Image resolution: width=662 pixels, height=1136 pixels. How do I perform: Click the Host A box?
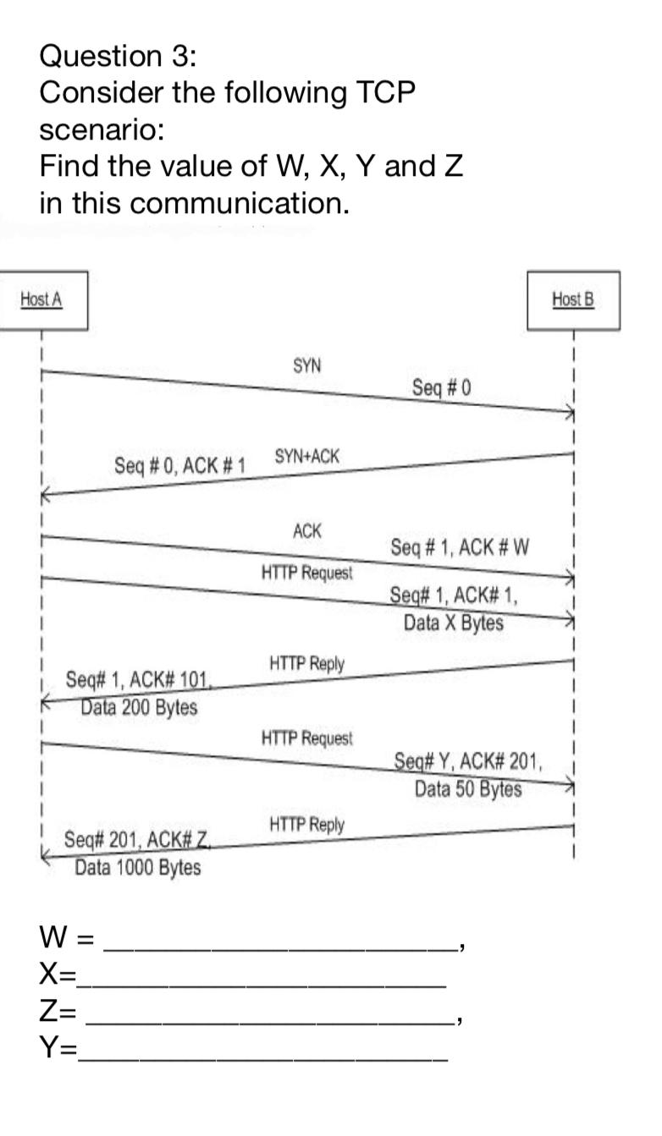(42, 299)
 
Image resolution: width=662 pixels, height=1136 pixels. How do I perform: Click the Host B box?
(573, 299)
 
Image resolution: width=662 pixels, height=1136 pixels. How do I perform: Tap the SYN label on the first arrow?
(306, 365)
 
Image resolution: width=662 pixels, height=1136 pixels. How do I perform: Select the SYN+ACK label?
(306, 456)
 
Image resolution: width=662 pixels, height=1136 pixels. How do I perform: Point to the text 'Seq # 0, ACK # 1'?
(179, 465)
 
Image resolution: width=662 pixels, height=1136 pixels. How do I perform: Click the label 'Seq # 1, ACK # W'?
(460, 546)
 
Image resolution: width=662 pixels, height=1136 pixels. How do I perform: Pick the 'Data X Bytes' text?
(453, 623)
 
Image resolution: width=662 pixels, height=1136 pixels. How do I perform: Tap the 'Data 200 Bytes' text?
(139, 707)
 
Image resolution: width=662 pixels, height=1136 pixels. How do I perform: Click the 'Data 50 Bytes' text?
(468, 789)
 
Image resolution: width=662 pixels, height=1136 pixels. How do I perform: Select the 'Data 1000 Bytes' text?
(138, 867)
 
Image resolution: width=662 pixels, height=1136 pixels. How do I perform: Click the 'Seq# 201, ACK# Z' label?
(136, 840)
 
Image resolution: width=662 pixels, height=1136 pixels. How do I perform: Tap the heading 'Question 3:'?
(119, 56)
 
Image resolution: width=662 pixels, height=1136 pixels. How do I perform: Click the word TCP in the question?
(385, 92)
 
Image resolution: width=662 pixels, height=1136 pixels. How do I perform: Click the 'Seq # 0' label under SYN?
(441, 387)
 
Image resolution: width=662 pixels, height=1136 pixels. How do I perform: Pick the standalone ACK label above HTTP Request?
(306, 531)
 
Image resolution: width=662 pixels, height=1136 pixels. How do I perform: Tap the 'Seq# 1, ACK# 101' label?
(138, 679)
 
